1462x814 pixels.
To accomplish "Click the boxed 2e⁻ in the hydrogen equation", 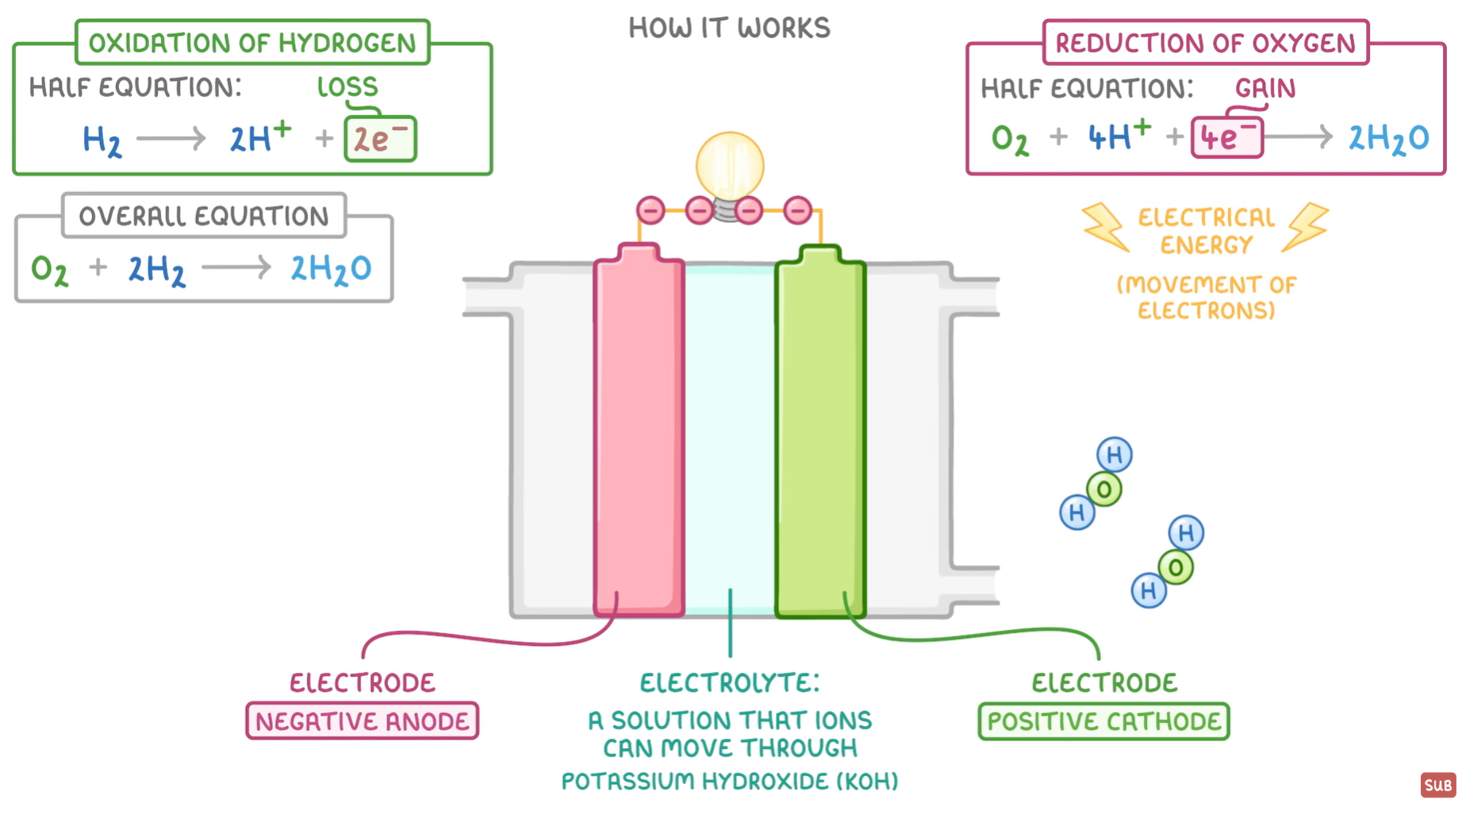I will [380, 140].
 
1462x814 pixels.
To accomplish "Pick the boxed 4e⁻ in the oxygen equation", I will [1226, 138].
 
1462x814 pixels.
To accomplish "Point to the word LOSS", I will [347, 86].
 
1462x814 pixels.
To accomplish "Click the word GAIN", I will [1264, 88].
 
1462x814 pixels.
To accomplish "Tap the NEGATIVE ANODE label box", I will [362, 721].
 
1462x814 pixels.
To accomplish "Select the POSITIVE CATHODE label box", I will [1103, 721].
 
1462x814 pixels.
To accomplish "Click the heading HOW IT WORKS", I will [729, 29].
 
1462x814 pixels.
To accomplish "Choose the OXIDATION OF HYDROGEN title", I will [252, 43].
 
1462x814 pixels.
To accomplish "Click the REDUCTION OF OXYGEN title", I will [1205, 43].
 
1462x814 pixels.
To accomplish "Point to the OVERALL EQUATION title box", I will [204, 216].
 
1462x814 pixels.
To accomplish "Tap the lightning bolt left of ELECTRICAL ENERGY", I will [1105, 227].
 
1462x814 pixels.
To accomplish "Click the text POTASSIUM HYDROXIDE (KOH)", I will [729, 781].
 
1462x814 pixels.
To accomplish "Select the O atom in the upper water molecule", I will [1104, 490].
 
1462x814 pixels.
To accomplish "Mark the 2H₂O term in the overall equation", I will [330, 269].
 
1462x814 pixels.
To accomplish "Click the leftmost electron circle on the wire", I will [650, 210].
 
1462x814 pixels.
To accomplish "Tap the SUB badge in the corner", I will [1437, 785].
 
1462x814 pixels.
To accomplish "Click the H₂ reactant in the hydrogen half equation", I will [102, 140].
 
